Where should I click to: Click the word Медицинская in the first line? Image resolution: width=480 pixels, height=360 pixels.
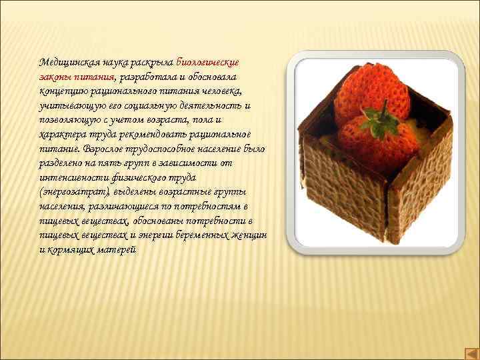(69, 61)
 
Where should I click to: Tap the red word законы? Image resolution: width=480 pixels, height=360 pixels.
(55, 77)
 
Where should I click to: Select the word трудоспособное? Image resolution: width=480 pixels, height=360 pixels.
(164, 149)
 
